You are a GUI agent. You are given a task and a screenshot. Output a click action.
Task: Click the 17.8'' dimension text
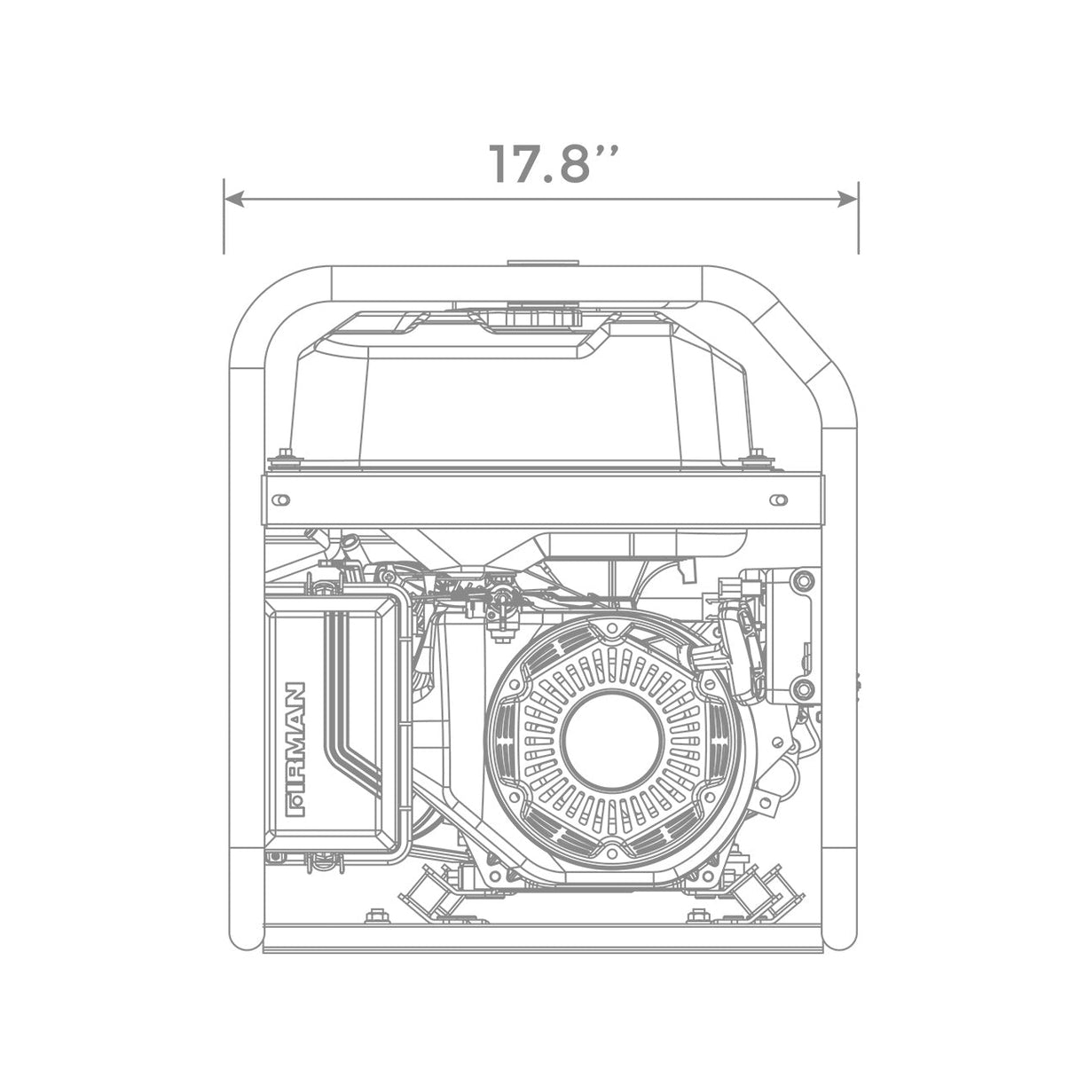tap(554, 163)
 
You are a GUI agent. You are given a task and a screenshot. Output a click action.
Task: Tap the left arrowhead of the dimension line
tap(233, 199)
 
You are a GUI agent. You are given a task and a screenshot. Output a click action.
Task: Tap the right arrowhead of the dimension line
tap(847, 199)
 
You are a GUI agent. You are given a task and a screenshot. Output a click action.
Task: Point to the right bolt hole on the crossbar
tap(779, 499)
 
